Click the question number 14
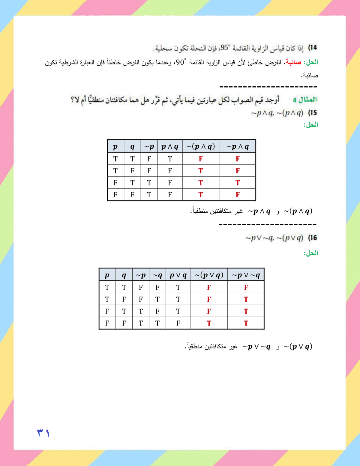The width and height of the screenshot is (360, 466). tap(313, 48)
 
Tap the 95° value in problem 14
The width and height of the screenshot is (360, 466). tap(225, 48)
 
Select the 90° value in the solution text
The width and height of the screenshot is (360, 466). tap(181, 62)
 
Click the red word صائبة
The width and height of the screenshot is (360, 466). tap(293, 62)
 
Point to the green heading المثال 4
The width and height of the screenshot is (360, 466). tap(305, 99)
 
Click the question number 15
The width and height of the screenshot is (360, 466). tap(313, 113)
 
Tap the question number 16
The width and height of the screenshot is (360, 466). tap(313, 238)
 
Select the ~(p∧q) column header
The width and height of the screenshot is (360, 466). tap(200, 147)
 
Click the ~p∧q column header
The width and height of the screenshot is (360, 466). tap(238, 147)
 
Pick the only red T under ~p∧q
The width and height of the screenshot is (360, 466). tap(238, 183)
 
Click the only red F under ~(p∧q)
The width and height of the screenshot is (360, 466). tap(201, 159)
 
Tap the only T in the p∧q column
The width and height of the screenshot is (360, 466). tap(170, 159)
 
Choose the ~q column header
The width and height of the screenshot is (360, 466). tap(157, 275)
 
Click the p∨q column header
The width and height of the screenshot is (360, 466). tap(178, 275)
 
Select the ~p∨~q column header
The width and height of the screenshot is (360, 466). tap(246, 275)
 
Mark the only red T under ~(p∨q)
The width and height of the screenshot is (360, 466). tap(209, 323)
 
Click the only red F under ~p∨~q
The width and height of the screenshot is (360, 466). tap(246, 287)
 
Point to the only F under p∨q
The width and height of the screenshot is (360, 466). tap(178, 323)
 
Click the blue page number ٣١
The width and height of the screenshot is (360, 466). tap(43, 433)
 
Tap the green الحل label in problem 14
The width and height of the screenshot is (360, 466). tap(311, 62)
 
